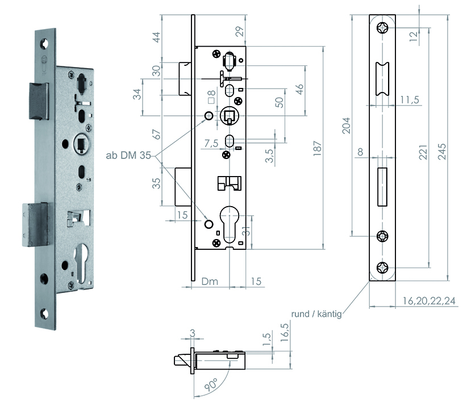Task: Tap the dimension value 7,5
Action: (x=210, y=145)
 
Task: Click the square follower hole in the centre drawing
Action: (x=230, y=116)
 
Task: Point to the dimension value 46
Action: (x=299, y=89)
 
